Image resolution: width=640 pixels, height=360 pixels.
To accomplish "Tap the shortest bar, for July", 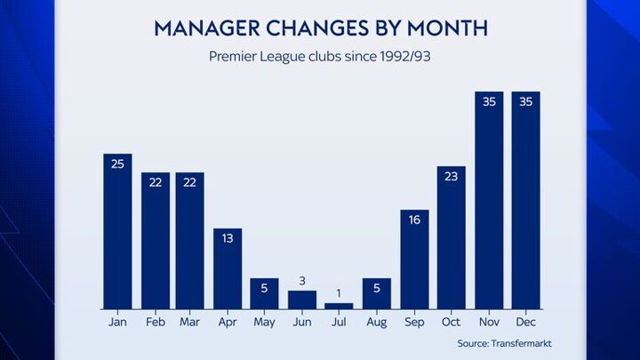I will [340, 306].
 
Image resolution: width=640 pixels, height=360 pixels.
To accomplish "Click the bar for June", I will [302, 300].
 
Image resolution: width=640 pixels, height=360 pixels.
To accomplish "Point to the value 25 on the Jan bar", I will [117, 164].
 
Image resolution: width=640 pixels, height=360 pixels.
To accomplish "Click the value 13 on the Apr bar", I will [228, 238].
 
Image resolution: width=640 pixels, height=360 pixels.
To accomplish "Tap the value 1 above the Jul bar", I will [340, 294].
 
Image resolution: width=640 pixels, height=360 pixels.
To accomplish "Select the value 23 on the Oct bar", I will [452, 176].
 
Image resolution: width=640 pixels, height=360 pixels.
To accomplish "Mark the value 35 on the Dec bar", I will [526, 101].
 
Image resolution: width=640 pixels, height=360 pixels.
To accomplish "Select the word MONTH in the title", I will [444, 28].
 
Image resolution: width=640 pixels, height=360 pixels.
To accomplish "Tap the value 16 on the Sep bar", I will [414, 220].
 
